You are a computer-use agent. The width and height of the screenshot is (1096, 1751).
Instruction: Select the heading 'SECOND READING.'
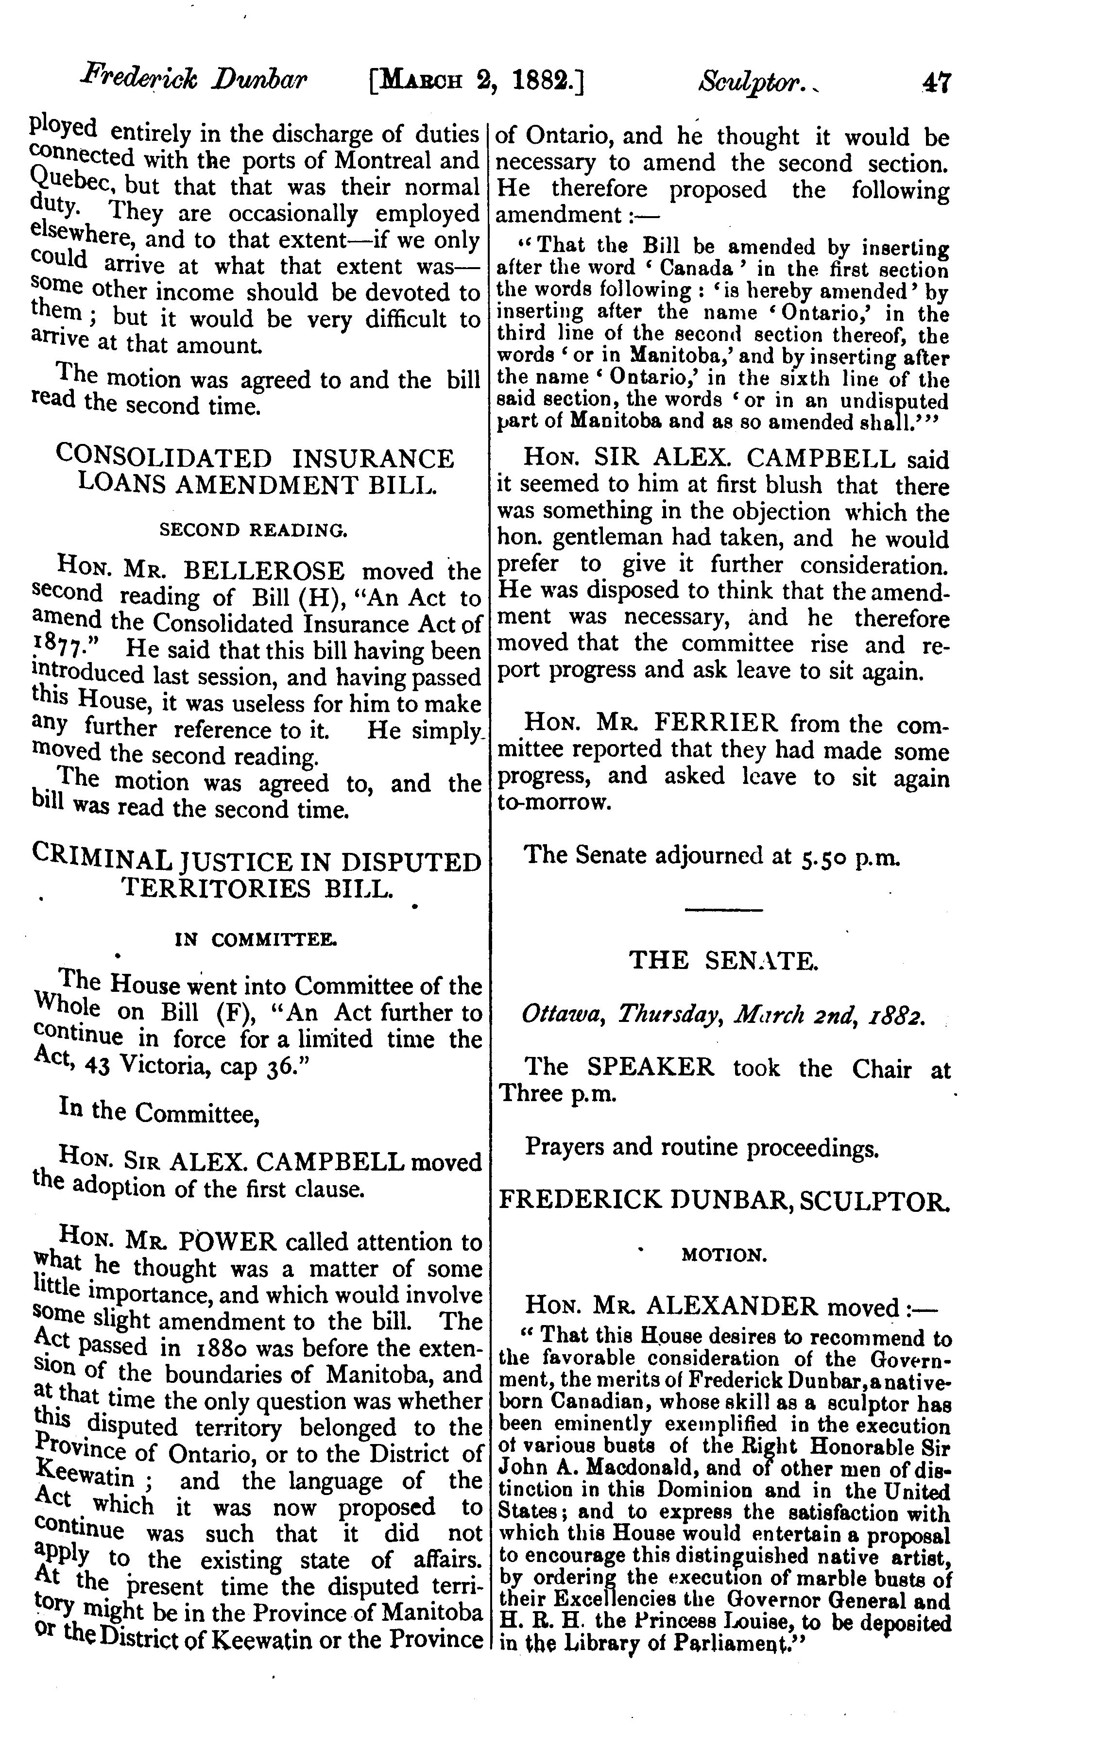pos(253,530)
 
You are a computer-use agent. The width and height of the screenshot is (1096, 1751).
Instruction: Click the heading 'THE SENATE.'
pos(723,961)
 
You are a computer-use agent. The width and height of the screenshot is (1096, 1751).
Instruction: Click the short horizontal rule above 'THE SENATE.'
pos(723,910)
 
